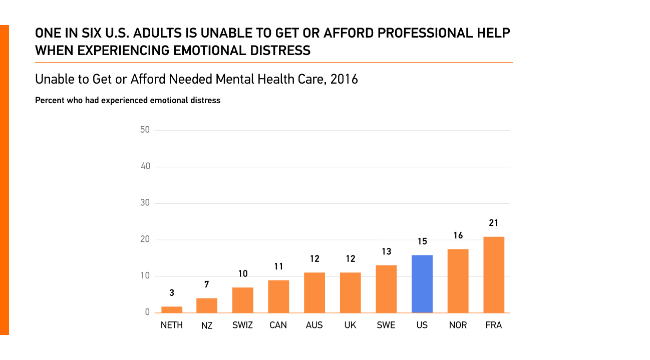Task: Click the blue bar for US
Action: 422,284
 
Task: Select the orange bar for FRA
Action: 494,275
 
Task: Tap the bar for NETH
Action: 172,309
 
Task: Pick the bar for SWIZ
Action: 243,300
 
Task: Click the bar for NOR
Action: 458,281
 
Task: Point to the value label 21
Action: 494,223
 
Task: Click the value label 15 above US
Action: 422,242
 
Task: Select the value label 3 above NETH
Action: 172,293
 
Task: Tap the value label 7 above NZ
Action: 207,285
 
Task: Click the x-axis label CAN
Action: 278,325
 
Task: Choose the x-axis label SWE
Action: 386,325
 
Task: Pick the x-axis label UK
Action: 350,325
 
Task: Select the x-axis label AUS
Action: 314,325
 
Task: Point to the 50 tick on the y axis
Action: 145,130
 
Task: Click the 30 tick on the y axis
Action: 145,203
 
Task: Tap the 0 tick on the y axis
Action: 147,312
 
